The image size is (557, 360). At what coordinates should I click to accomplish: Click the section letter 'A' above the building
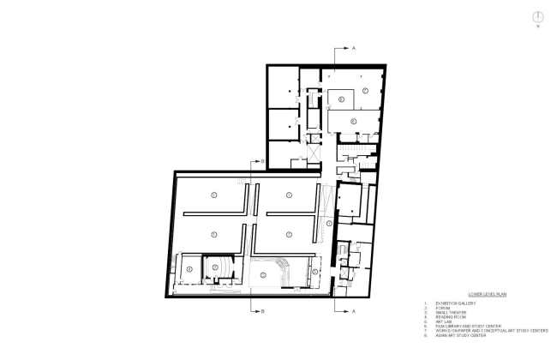[x=354, y=49]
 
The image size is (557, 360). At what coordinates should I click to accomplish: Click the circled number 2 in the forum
[x=263, y=273]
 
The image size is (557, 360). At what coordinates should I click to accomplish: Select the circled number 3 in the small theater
[x=214, y=267]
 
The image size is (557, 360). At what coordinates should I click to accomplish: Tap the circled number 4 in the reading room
[x=188, y=267]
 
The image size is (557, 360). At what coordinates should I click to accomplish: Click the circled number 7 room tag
[x=364, y=90]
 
